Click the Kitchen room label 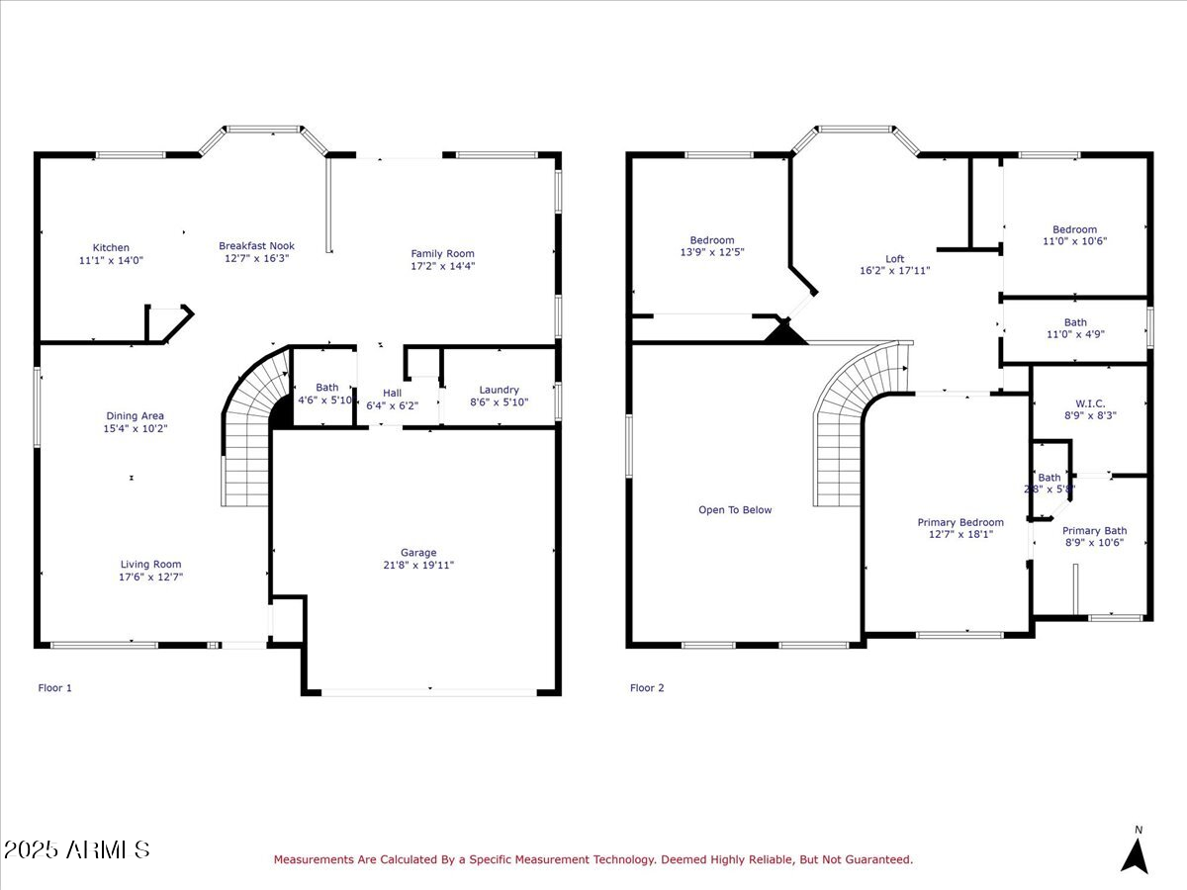tap(111, 248)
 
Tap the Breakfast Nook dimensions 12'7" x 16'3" tap(256, 259)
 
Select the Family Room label tap(443, 254)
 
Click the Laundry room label tap(499, 390)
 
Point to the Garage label tap(418, 553)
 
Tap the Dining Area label tap(136, 416)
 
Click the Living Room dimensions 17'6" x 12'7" tap(150, 577)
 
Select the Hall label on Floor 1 tap(392, 394)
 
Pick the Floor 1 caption tap(54, 687)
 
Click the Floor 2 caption tap(647, 687)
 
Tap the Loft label tap(894, 259)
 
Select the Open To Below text tap(735, 510)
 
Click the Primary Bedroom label tap(959, 522)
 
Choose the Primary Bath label tap(1094, 531)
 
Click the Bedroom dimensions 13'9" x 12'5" tap(711, 252)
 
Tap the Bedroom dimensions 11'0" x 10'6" tap(1074, 241)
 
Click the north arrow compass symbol tap(1136, 854)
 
